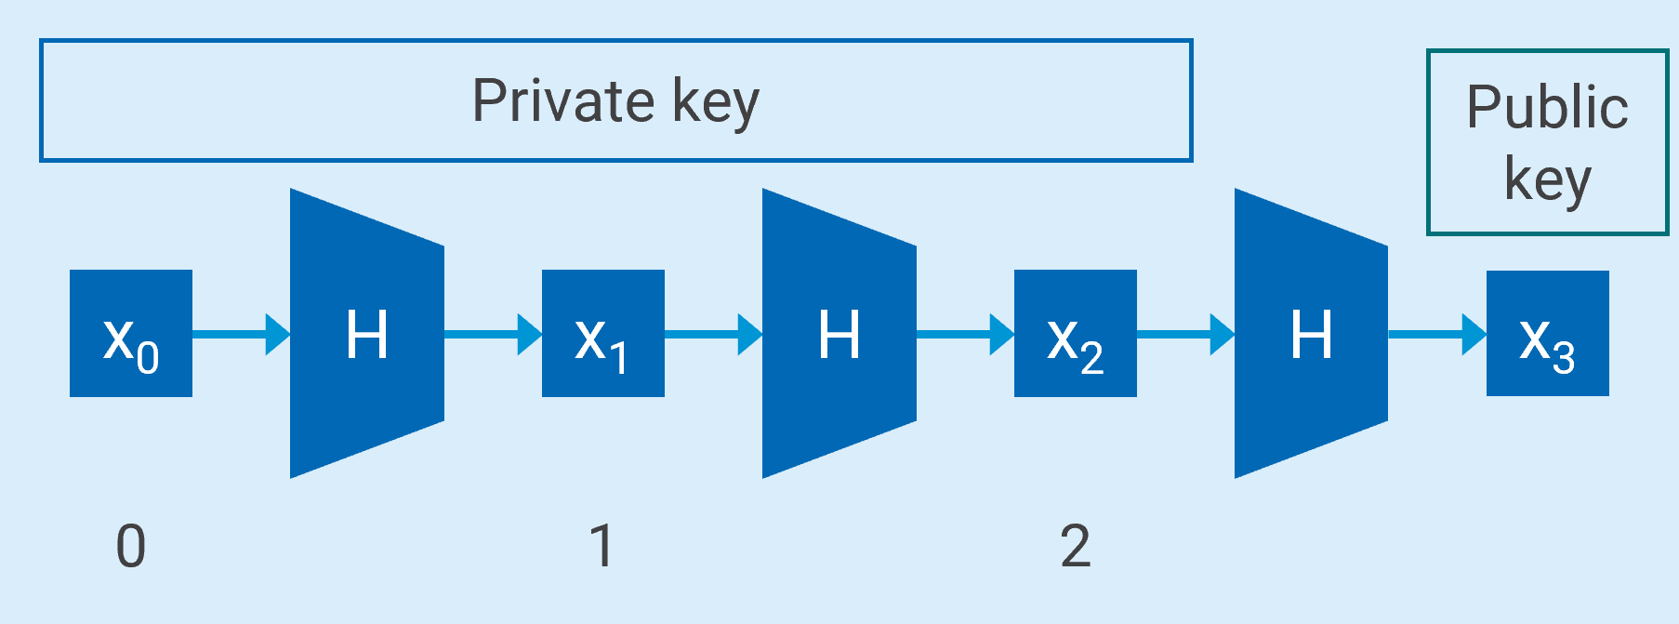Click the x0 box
pos(131,334)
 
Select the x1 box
pos(602,334)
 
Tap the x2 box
pos(1075,334)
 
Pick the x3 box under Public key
pos(1547,334)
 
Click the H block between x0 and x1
pos(367,334)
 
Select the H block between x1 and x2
pos(839,334)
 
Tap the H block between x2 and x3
pos(1311,334)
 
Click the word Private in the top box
pos(563,100)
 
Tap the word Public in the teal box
pos(1547,107)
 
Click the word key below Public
pos(1548,179)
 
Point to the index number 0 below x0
pos(131,546)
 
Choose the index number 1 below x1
pos(602,546)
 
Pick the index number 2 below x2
pos(1075,546)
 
